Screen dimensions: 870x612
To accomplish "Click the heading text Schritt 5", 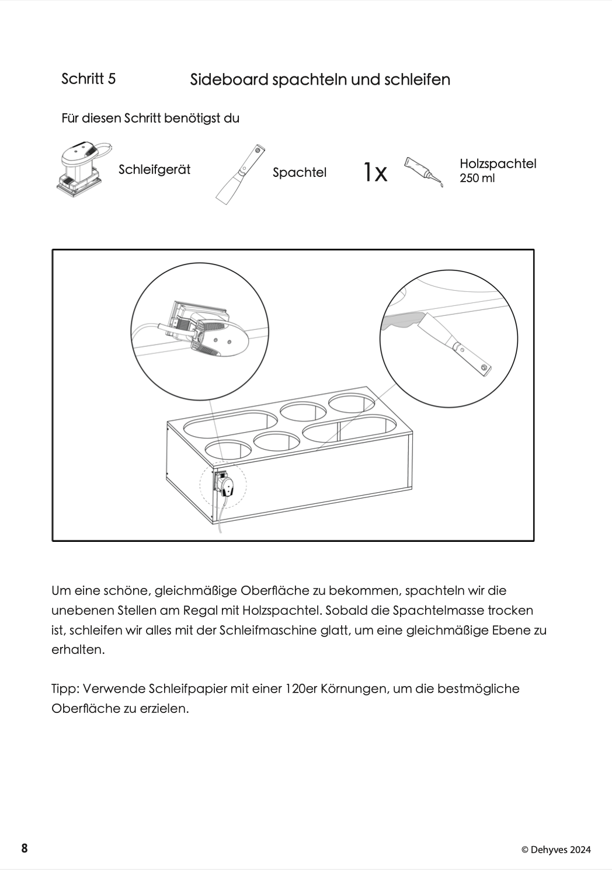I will [88, 79].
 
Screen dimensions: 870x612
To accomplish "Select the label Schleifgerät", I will [154, 170].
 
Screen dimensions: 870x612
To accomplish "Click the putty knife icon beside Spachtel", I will [241, 173].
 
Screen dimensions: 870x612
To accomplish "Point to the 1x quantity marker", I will [375, 172].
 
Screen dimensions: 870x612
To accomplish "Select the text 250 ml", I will [477, 179].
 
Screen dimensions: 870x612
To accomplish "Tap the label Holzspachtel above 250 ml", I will [498, 163].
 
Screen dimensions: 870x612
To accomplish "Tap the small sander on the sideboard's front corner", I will [226, 484].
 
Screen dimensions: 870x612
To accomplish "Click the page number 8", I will [24, 848].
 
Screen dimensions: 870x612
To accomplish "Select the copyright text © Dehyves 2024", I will [555, 850].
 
